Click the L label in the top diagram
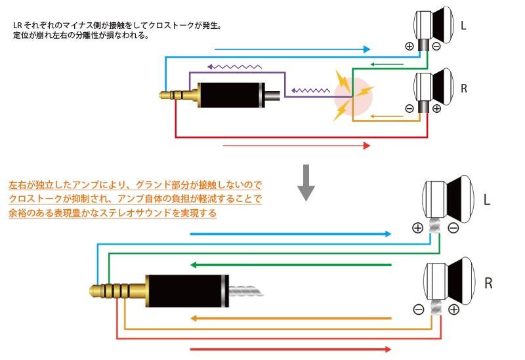463,26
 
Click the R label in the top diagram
463,88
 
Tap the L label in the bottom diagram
486,199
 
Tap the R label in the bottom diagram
488,283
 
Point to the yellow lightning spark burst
344,96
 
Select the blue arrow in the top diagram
293,49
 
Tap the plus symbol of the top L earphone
409,46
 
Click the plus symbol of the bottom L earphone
417,228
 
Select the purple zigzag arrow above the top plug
234,67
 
